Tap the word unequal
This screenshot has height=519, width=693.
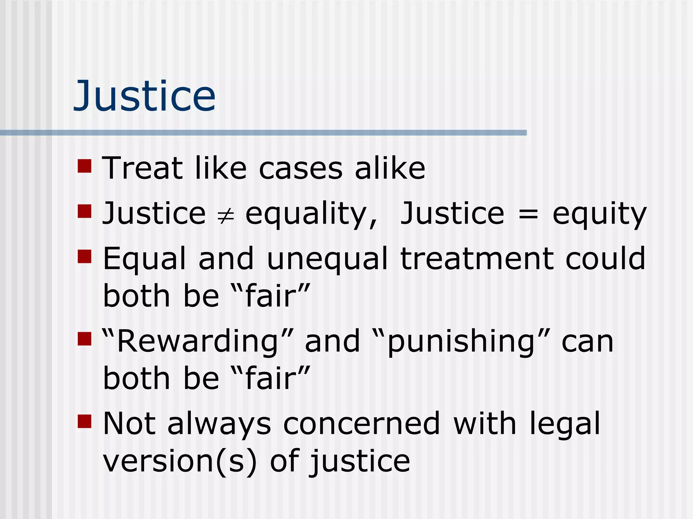327,259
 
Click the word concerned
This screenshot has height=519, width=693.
361,424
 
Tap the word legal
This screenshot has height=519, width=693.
564,424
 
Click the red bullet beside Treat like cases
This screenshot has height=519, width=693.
85,166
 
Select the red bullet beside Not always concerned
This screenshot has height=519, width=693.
85,421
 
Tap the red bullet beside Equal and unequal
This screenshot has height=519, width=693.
85,256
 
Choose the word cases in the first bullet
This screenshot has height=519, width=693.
301,169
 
